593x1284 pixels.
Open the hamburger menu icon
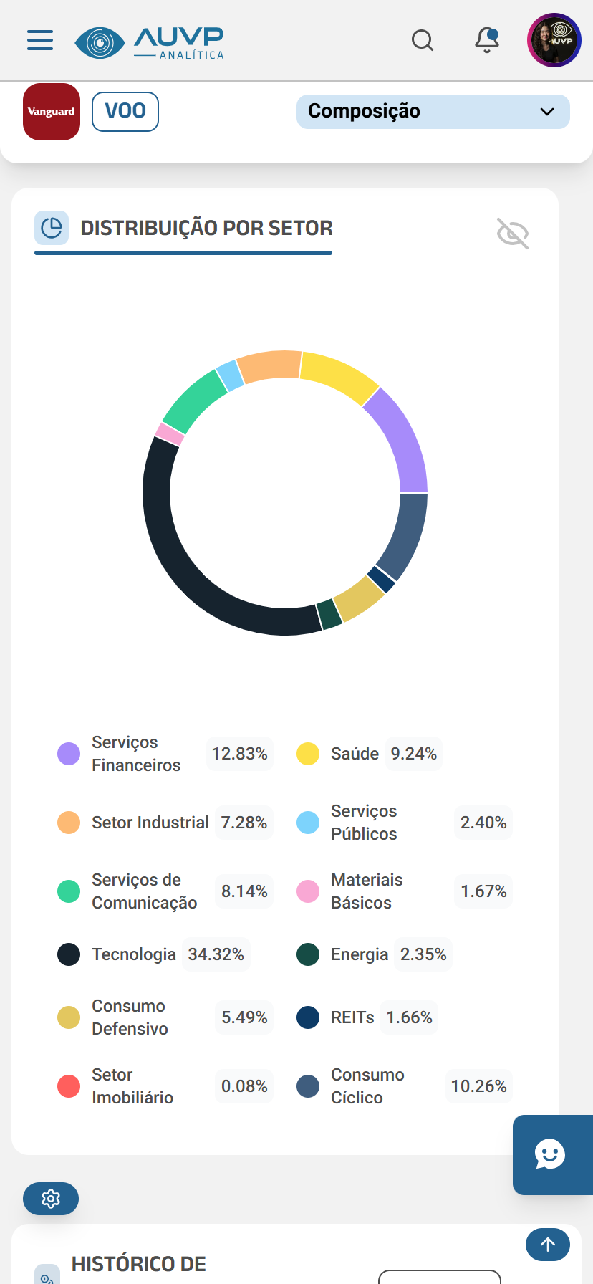point(40,40)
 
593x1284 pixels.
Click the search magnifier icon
point(423,40)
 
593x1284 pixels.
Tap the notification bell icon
point(487,40)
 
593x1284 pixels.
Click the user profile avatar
point(554,40)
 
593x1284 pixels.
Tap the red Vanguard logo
point(52,112)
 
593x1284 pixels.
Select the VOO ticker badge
point(125,112)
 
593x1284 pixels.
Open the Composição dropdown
point(433,112)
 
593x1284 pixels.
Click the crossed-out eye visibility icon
point(513,234)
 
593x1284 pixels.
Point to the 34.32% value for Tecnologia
point(216,954)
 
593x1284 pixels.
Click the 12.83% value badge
point(239,754)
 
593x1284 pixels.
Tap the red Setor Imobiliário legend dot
point(69,1086)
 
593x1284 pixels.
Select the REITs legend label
point(352,1017)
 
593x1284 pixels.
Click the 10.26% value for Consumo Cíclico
point(478,1086)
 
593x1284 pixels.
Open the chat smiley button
point(550,1154)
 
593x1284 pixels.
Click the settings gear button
point(51,1199)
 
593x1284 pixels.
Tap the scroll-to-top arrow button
point(548,1245)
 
